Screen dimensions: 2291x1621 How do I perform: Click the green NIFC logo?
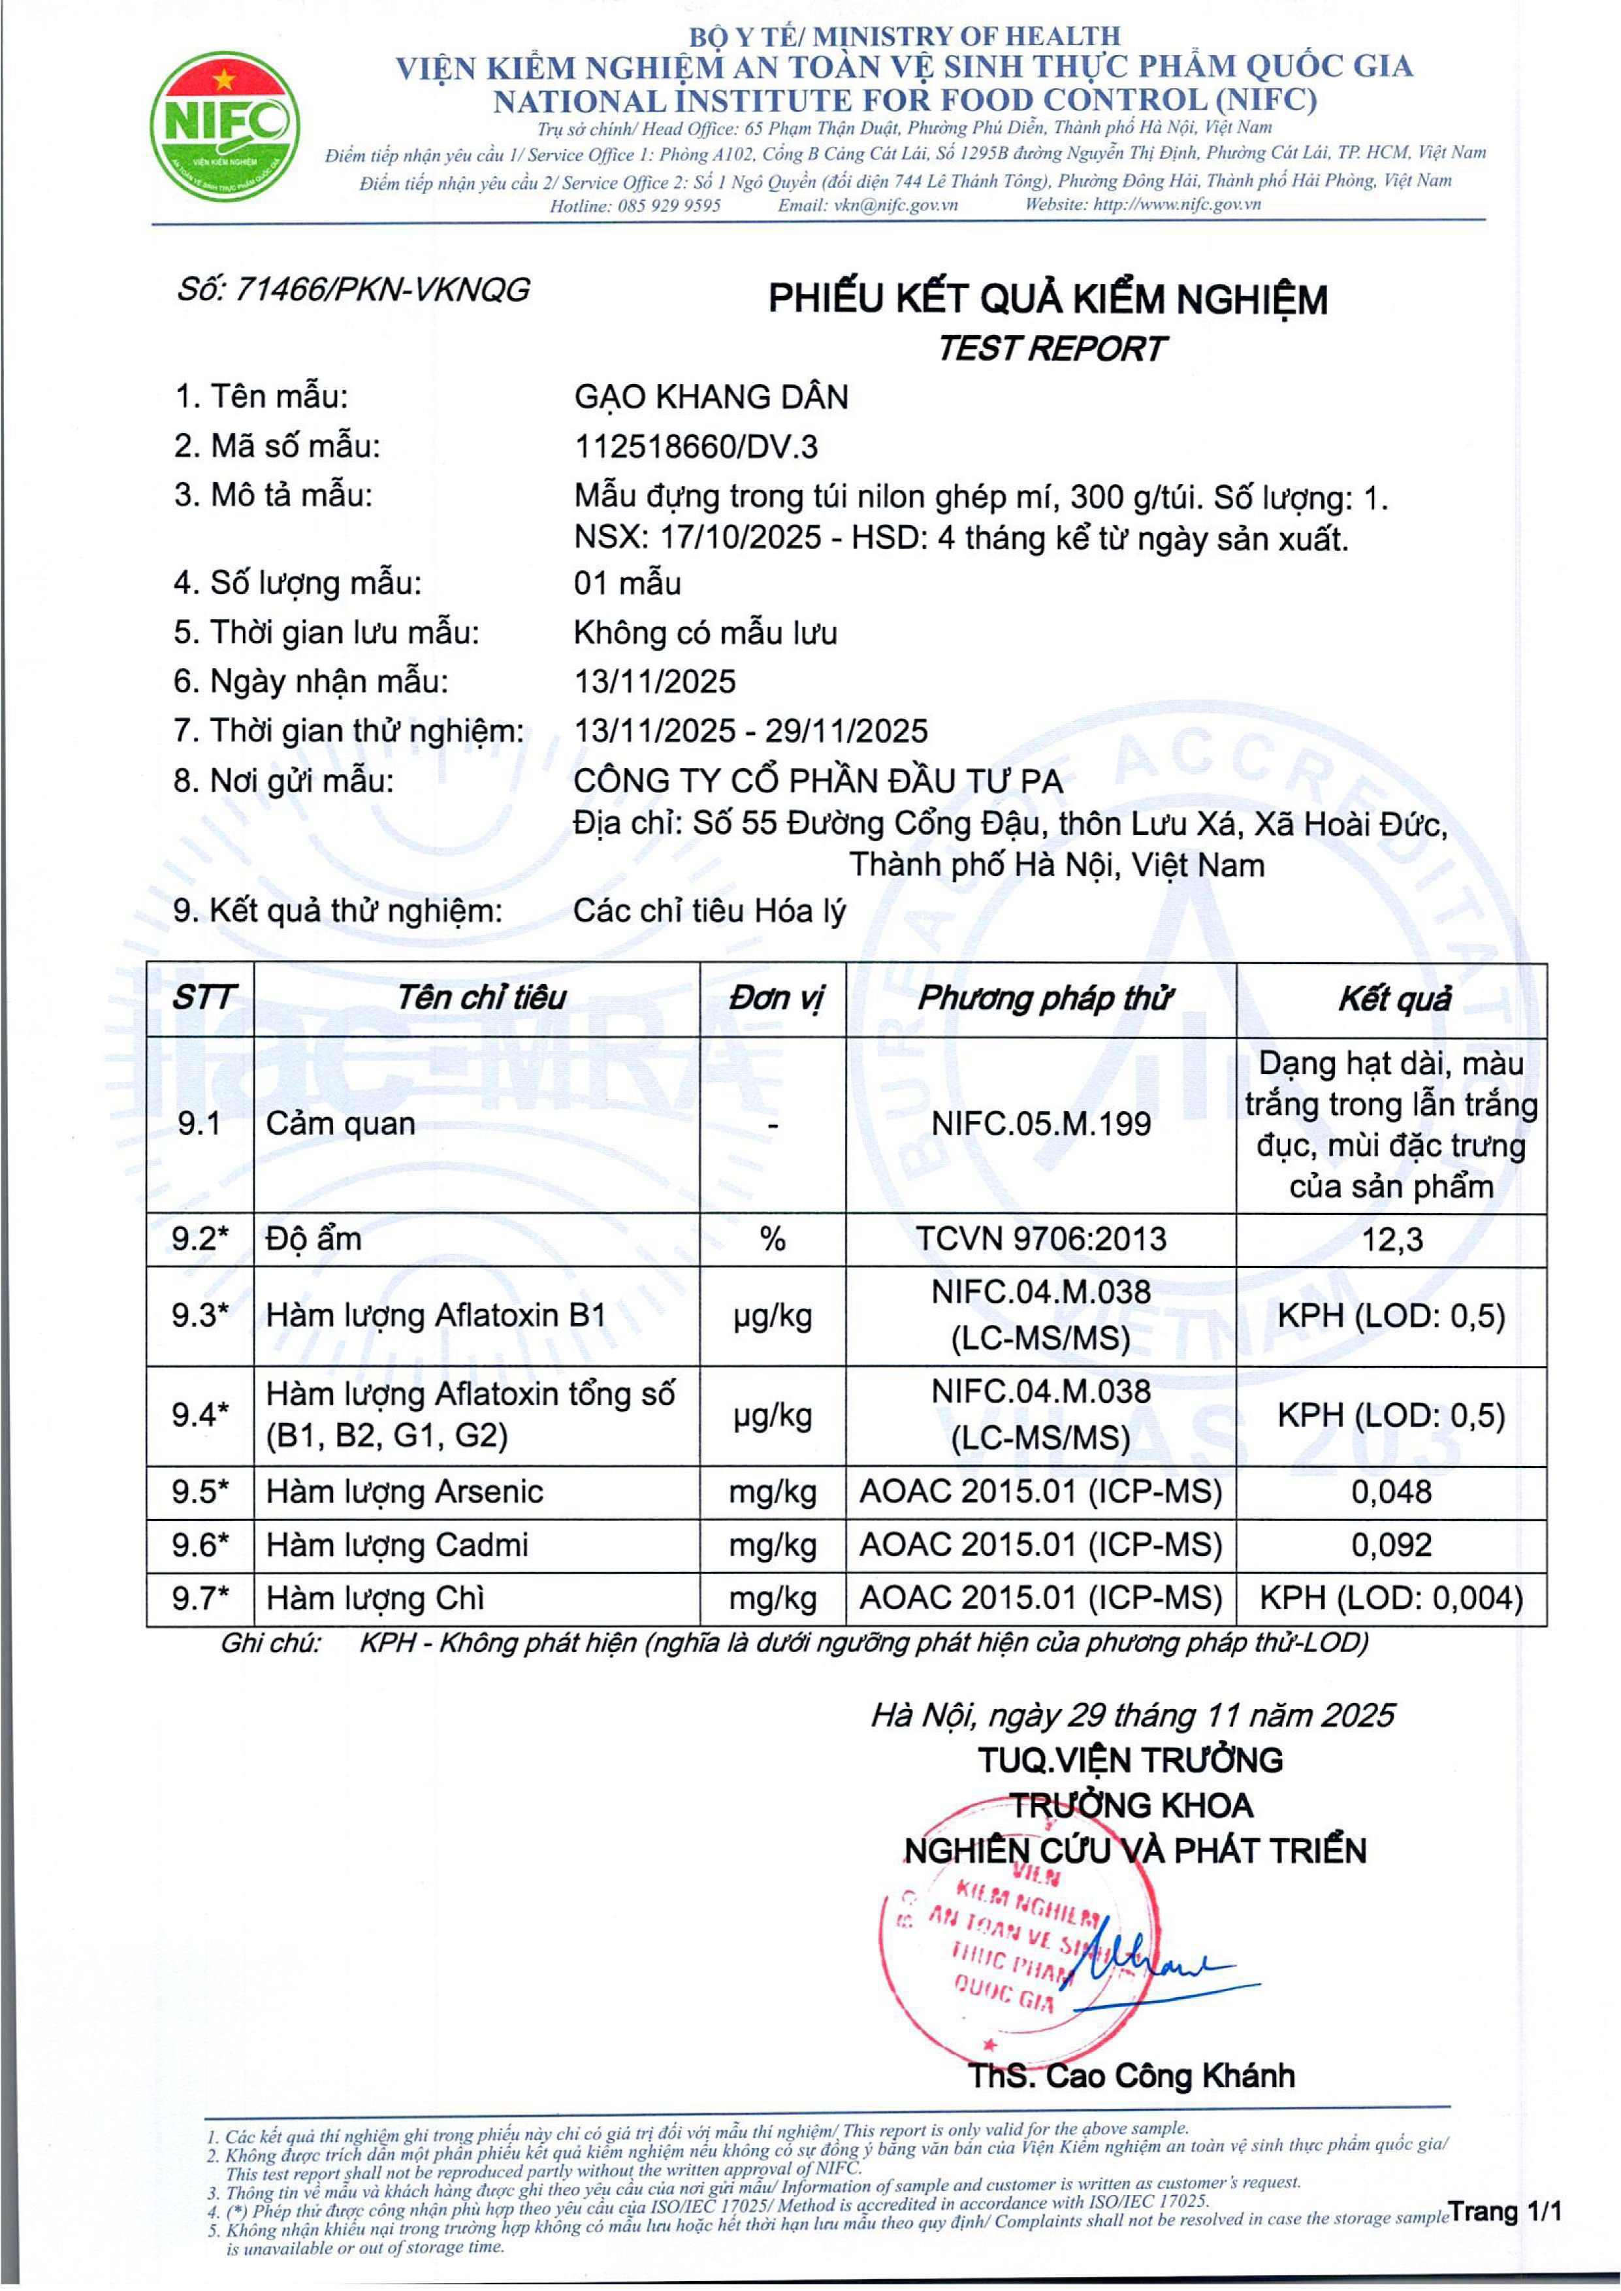click(225, 126)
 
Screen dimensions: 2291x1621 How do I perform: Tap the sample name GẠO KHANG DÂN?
click(711, 397)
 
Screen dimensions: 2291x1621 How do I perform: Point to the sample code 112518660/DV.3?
click(696, 446)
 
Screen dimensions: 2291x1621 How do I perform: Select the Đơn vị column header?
click(773, 998)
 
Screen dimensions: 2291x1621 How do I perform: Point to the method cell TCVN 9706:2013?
click(1041, 1239)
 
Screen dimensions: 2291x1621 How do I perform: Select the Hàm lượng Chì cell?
click(376, 1598)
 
